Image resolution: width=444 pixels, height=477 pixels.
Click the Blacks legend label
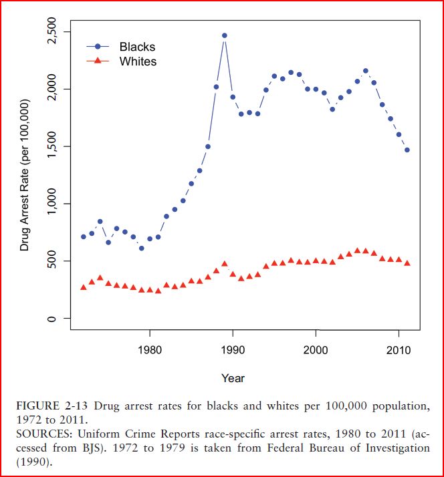[137, 47]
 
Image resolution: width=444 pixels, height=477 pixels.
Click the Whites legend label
[138, 61]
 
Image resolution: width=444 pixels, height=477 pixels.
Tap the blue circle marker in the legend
[98, 47]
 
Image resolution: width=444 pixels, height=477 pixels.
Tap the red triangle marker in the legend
[98, 61]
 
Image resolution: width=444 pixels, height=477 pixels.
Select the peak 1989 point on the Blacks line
[225, 35]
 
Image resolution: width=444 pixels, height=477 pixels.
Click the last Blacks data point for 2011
[407, 150]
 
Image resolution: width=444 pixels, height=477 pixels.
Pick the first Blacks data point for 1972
[84, 236]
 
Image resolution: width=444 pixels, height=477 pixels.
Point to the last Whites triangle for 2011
[407, 263]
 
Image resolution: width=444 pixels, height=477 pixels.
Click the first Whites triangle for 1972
[84, 287]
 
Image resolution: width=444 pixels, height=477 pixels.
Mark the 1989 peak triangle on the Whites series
[225, 264]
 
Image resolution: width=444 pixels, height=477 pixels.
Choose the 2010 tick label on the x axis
[399, 349]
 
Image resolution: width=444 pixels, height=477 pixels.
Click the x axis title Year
[233, 378]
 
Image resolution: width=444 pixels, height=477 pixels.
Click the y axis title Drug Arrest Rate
[25, 175]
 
